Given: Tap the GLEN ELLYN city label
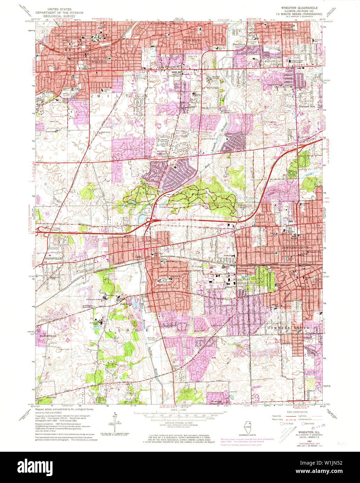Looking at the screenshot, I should (x=190, y=40).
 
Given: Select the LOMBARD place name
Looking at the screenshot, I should (x=288, y=30).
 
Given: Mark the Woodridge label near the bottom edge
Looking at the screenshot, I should (x=217, y=402).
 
